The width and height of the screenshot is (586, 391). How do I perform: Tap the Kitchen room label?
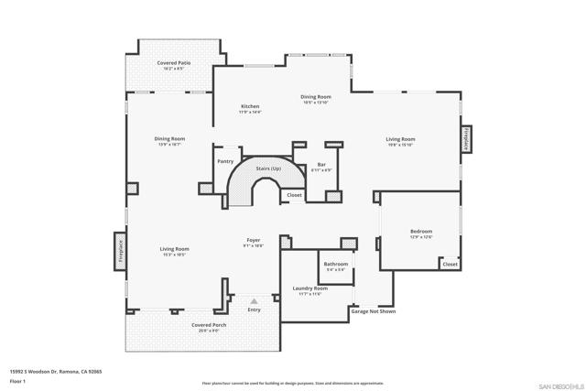[x=250, y=106]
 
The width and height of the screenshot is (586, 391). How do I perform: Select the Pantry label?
[x=225, y=161]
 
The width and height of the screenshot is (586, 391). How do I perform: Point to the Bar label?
[x=321, y=165]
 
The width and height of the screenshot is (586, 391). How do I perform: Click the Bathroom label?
[x=335, y=264]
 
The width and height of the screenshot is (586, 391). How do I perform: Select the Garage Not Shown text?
[x=374, y=311]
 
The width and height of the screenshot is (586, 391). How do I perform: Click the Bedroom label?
[x=421, y=232]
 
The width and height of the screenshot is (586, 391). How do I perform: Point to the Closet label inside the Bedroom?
[x=450, y=264]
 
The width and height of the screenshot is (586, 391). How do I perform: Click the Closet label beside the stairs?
[x=294, y=195]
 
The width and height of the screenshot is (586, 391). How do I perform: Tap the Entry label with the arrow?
[x=254, y=310]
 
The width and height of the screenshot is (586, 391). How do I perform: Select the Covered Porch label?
[x=209, y=325]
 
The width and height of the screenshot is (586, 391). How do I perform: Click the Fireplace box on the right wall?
[x=465, y=139]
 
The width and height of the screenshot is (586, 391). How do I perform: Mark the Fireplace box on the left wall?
[x=119, y=249]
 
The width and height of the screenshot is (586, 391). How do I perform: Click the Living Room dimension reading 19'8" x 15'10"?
[x=400, y=145]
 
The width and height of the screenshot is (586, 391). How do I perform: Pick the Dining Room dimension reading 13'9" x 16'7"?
[x=169, y=145]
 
